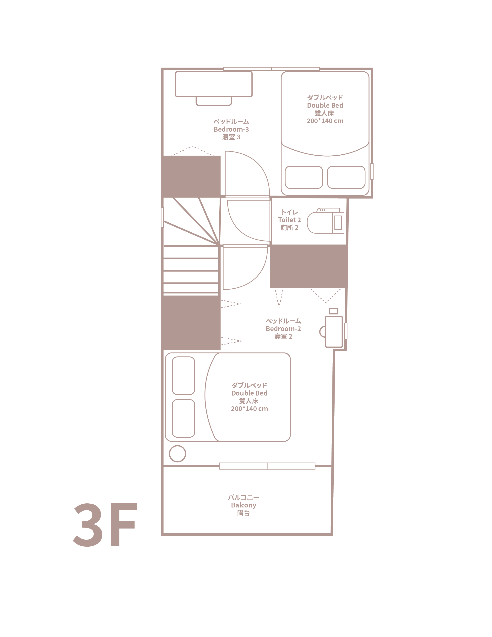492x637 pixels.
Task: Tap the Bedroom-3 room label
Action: point(231,129)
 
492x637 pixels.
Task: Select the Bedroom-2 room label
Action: point(283,329)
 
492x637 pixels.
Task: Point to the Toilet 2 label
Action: point(289,220)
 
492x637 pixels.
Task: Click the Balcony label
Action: point(243,505)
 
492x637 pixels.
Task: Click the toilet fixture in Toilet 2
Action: point(325,221)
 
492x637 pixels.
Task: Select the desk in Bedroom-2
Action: point(334,332)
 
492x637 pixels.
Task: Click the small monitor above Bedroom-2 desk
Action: point(333,311)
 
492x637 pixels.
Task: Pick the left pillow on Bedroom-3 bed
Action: point(304,177)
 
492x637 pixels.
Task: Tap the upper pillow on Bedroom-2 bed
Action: point(183,376)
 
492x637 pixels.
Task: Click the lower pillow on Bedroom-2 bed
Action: point(183,418)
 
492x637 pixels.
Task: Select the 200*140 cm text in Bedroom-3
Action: point(325,121)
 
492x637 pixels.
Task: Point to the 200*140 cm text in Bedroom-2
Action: point(249,409)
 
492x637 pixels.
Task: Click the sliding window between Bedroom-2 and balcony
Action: point(267,466)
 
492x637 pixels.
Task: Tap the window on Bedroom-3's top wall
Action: point(271,69)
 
